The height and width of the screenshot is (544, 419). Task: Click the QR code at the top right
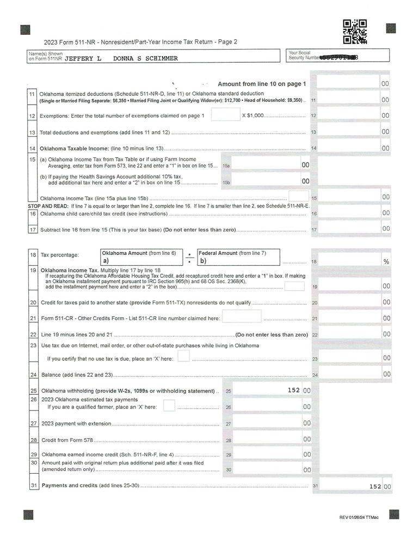click(355, 31)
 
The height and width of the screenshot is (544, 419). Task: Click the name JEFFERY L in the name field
click(83, 59)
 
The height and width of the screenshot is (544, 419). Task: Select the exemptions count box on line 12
click(222, 115)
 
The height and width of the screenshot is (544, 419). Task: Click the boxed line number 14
click(33, 148)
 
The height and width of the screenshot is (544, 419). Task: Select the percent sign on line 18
click(386, 262)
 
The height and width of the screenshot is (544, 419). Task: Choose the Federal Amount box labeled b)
click(238, 257)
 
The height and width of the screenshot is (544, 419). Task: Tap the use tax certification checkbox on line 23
click(183, 356)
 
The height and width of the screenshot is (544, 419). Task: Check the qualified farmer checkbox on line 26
click(169, 406)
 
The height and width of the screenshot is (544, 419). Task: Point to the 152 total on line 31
click(374, 486)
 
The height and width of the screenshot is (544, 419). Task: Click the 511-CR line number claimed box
click(242, 316)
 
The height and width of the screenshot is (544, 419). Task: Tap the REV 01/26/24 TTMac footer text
click(359, 517)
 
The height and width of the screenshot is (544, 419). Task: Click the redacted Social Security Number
click(340, 57)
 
